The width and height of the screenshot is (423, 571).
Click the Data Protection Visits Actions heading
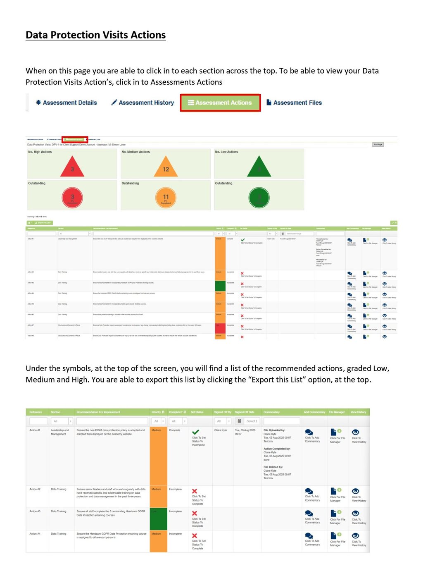click(x=95, y=35)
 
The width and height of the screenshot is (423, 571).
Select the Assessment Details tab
click(x=67, y=103)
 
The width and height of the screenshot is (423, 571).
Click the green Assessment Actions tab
click(x=220, y=103)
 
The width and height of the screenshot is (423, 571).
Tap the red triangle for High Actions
click(x=72, y=167)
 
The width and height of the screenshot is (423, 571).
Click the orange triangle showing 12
click(x=166, y=167)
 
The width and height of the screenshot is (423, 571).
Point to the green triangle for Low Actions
click(x=259, y=167)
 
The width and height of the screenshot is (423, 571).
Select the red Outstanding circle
click(x=72, y=198)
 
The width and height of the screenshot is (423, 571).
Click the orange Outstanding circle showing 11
click(x=166, y=198)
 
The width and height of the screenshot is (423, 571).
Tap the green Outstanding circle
click(x=259, y=198)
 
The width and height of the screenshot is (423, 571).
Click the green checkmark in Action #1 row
click(x=196, y=432)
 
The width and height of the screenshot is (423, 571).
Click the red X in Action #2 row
click(x=195, y=491)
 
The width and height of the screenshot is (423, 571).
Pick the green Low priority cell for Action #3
click(x=158, y=519)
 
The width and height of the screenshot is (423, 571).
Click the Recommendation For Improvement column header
click(x=98, y=412)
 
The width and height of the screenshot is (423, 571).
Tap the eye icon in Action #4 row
click(x=355, y=535)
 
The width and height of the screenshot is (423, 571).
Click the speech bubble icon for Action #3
click(x=309, y=514)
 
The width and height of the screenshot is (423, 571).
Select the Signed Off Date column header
click(x=245, y=412)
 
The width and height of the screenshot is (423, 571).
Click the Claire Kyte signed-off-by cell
click(x=221, y=430)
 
